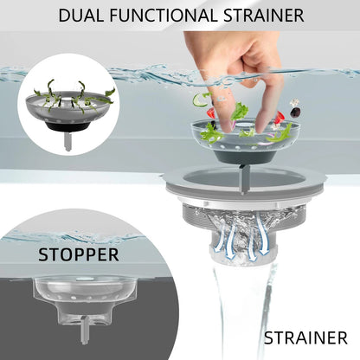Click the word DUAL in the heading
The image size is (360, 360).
(81, 16)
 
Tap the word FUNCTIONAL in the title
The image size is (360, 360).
(163, 16)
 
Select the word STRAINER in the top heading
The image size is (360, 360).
(263, 16)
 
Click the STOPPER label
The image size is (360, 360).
(79, 254)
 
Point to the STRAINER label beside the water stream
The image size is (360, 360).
(305, 337)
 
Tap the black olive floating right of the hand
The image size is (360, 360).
(295, 112)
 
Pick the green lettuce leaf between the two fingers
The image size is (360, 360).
(239, 112)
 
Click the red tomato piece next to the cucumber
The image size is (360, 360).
(211, 112)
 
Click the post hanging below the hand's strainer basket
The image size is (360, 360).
(244, 179)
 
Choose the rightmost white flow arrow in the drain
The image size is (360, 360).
(261, 235)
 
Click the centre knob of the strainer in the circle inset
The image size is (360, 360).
(67, 100)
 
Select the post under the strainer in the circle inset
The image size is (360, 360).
(68, 141)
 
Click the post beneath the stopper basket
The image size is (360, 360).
(85, 330)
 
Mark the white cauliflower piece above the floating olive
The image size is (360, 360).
(294, 102)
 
